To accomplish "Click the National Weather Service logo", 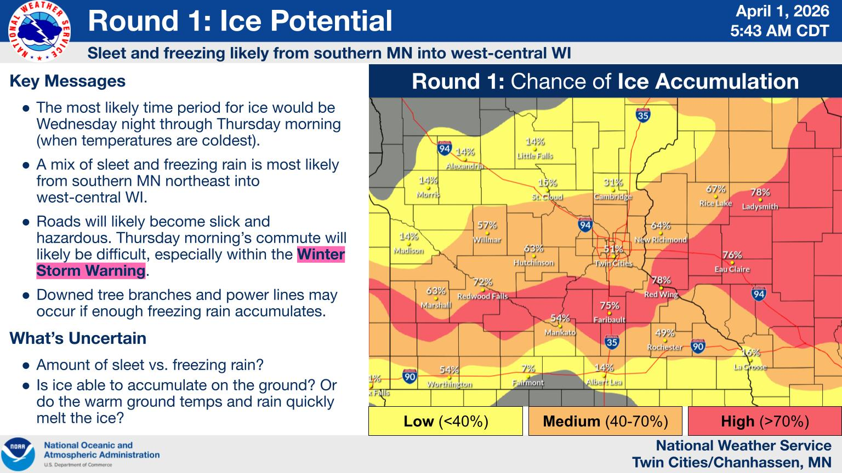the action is pyautogui.click(x=39, y=31).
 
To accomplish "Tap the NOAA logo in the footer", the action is pyautogui.click(x=18, y=454).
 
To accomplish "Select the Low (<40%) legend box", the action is pyautogui.click(x=446, y=421).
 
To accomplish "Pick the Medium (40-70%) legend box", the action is pyautogui.click(x=605, y=421).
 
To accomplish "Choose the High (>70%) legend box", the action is pyautogui.click(x=765, y=421).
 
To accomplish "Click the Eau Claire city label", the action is pyautogui.click(x=732, y=269).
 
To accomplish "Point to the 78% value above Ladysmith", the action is pyautogui.click(x=760, y=193).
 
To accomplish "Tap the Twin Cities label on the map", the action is pyautogui.click(x=613, y=263).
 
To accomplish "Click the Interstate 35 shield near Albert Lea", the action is pyautogui.click(x=612, y=342).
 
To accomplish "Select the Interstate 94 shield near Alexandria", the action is pyautogui.click(x=445, y=148).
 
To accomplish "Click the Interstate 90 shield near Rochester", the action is pyautogui.click(x=698, y=346).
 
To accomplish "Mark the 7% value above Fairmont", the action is pyautogui.click(x=528, y=368).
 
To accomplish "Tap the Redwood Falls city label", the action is pyautogui.click(x=482, y=296).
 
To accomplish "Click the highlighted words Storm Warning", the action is pyautogui.click(x=90, y=270).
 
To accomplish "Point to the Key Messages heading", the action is pyautogui.click(x=67, y=81).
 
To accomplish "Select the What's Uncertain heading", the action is pyautogui.click(x=78, y=338).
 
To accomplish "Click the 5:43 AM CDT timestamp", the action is pyautogui.click(x=780, y=31).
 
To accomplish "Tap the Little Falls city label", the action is pyautogui.click(x=535, y=156).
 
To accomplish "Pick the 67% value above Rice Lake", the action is pyautogui.click(x=716, y=189).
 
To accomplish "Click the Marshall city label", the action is pyautogui.click(x=436, y=305).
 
